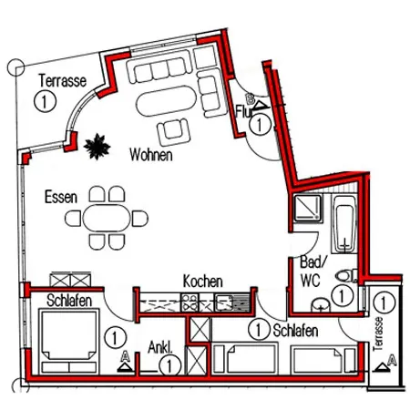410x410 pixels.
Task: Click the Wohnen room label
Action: [x=151, y=155]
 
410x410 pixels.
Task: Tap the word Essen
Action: [x=61, y=197]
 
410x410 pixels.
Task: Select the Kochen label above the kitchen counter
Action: [x=202, y=282]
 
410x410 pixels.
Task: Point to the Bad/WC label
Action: [x=312, y=271]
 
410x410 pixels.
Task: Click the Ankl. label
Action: [x=160, y=347]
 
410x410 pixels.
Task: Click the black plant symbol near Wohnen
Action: [x=97, y=147]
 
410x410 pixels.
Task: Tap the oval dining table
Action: [x=107, y=218]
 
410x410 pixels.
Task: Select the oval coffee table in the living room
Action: [x=167, y=101]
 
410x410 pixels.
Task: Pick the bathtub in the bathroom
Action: [x=344, y=224]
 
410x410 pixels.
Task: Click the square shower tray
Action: [x=307, y=208]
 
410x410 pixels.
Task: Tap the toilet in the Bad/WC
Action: [x=346, y=276]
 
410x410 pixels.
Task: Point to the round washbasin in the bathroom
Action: [x=321, y=304]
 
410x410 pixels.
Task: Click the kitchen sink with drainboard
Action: [x=232, y=302]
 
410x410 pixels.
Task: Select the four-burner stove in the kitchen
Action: [x=190, y=302]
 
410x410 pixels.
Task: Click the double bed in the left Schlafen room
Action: [x=69, y=341]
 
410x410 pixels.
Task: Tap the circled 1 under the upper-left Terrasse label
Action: [x=45, y=101]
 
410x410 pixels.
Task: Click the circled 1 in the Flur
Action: [x=260, y=124]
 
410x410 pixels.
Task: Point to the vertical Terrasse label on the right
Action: [x=379, y=334]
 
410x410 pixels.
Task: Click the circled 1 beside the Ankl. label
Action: [x=170, y=365]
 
